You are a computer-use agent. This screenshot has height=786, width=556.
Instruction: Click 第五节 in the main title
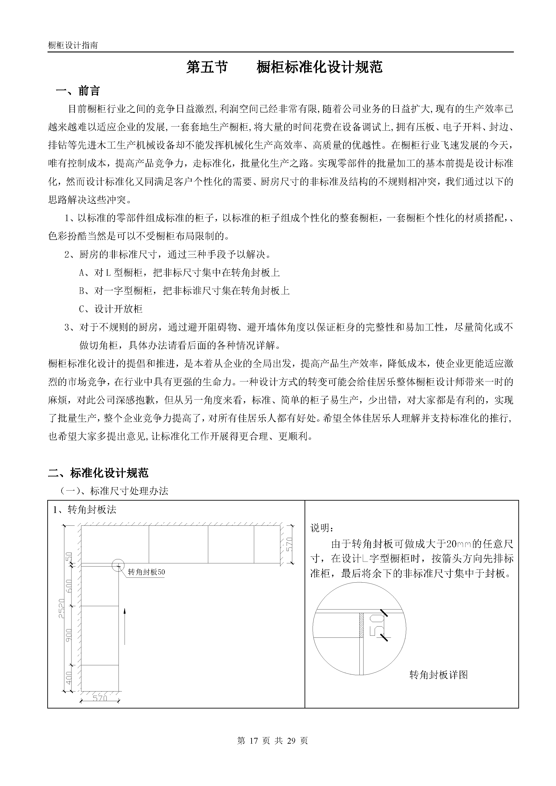pos(207,67)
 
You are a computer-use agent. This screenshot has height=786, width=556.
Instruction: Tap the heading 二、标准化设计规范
pos(98,473)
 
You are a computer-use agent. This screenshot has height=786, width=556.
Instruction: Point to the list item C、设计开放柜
pos(111,309)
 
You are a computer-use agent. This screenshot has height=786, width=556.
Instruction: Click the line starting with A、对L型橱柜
pos(180,273)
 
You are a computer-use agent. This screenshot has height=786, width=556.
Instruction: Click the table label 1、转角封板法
pos(85,510)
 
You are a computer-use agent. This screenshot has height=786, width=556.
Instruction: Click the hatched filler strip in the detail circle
pos(361,625)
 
